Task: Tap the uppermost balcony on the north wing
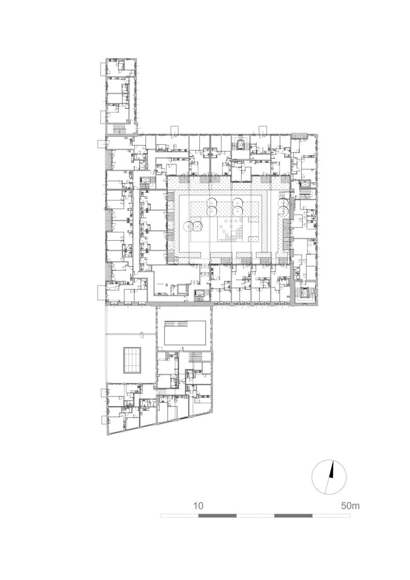pos(103,70)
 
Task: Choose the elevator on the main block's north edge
pos(241,144)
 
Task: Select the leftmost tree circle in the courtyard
pos(188,226)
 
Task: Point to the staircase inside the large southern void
pos(176,324)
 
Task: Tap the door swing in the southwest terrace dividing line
pos(141,334)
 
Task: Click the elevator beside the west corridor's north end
pos(146,179)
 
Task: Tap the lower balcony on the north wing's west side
pos(103,117)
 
